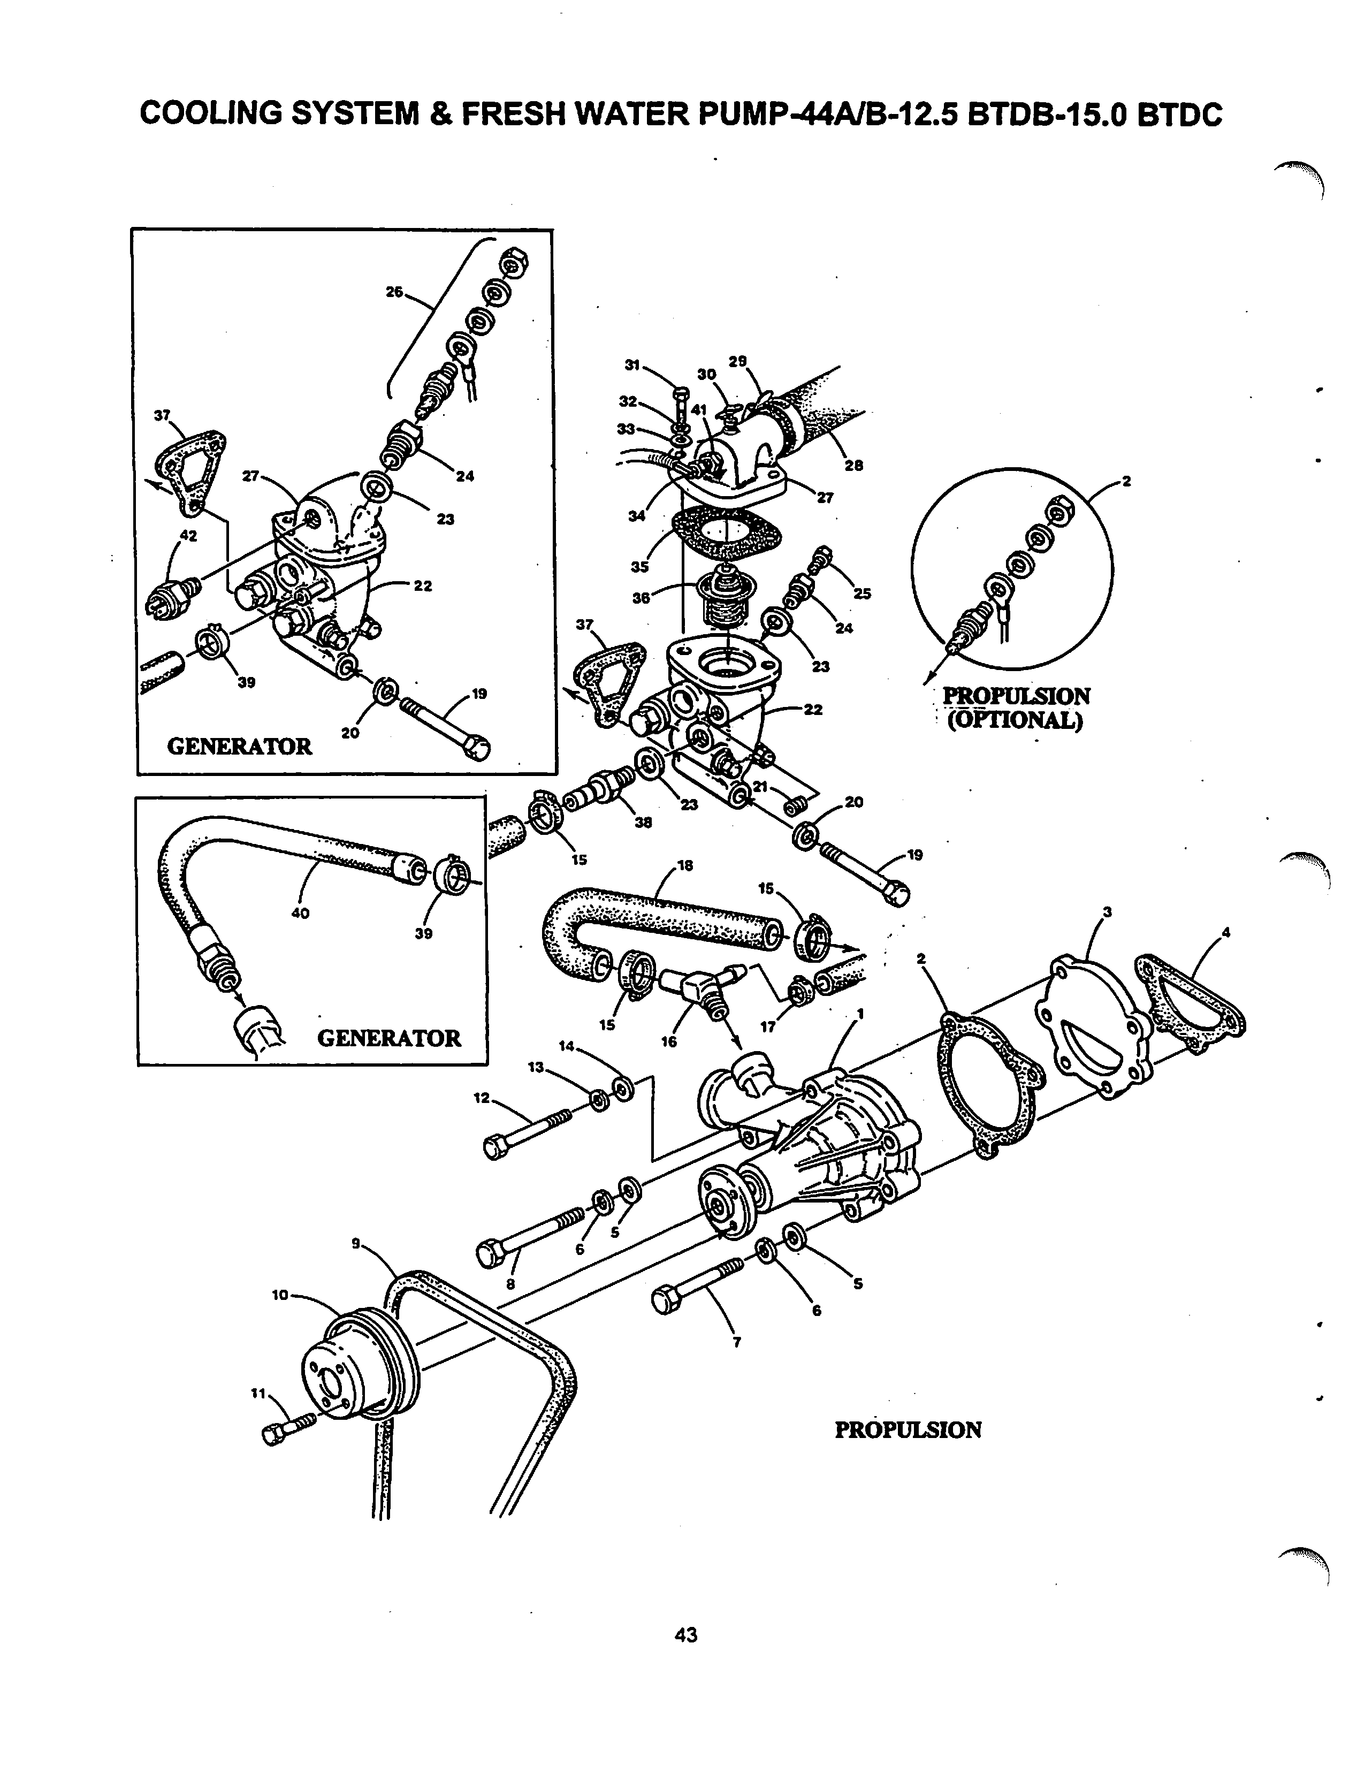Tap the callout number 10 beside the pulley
(x=279, y=1295)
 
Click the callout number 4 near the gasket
(x=1226, y=932)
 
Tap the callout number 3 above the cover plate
(x=1108, y=912)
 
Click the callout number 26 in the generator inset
(x=394, y=292)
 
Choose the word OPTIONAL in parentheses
(x=1013, y=720)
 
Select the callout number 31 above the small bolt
(x=632, y=365)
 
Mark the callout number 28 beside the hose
(x=854, y=465)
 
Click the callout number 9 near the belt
(x=355, y=1244)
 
